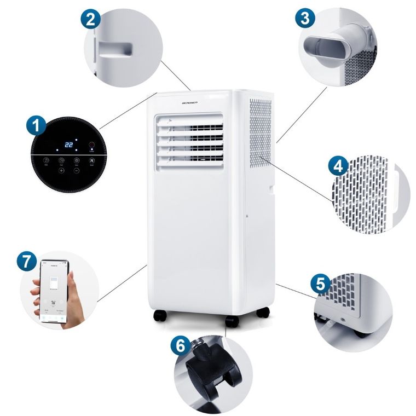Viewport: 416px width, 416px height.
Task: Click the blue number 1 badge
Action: coord(36,126)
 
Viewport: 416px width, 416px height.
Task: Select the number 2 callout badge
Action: coord(91,19)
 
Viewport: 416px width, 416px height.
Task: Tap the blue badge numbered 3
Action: coord(305,18)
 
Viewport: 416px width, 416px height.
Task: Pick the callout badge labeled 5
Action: coord(320,284)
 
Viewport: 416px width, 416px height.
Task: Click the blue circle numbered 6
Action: coord(181,345)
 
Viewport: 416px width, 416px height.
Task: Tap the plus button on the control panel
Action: coord(61,171)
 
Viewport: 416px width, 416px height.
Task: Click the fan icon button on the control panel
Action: coord(92,160)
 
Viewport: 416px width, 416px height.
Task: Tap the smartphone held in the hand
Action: coord(54,291)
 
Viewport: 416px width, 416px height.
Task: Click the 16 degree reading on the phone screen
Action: coord(54,302)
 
